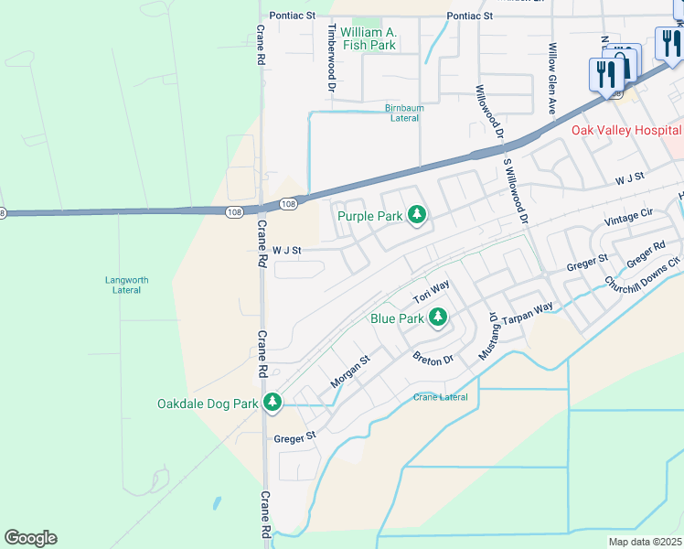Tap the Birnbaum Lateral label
(404, 113)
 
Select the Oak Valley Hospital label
(626, 130)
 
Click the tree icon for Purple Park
(417, 215)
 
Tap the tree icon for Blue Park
(438, 318)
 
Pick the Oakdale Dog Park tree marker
(272, 403)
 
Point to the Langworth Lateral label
(126, 285)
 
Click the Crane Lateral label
(440, 397)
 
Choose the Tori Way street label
(431, 293)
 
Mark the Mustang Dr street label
(490, 334)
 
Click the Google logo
(30, 537)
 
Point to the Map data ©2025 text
(645, 542)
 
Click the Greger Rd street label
(646, 255)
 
